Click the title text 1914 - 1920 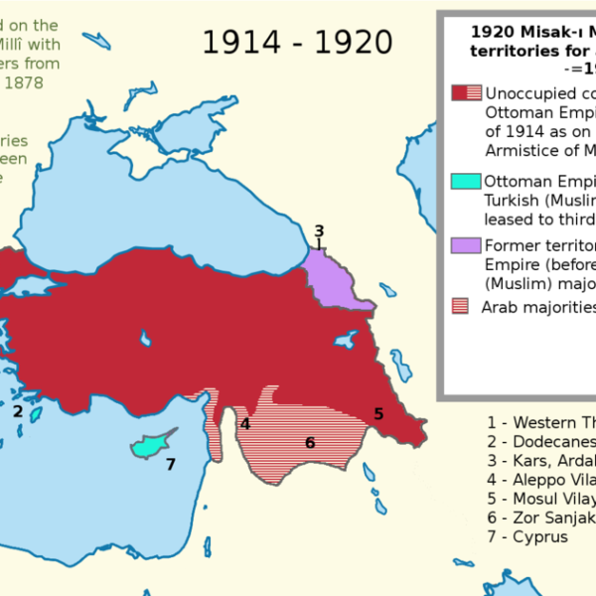click(x=297, y=42)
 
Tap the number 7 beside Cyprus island click(x=171, y=464)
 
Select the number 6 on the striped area click(x=310, y=442)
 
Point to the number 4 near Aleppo click(x=245, y=424)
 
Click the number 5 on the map click(x=378, y=412)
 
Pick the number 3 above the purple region click(x=319, y=230)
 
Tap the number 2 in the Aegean click(x=18, y=410)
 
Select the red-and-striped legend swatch click(x=466, y=92)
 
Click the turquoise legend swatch click(x=466, y=182)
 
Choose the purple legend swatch click(x=466, y=245)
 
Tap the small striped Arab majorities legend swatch click(x=460, y=306)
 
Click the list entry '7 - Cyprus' click(x=527, y=536)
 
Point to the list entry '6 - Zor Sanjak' click(x=540, y=518)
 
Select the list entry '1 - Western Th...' click(x=540, y=422)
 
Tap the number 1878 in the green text click(x=38, y=84)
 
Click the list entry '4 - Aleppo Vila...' click(x=540, y=480)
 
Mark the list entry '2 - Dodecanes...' click(x=540, y=441)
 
